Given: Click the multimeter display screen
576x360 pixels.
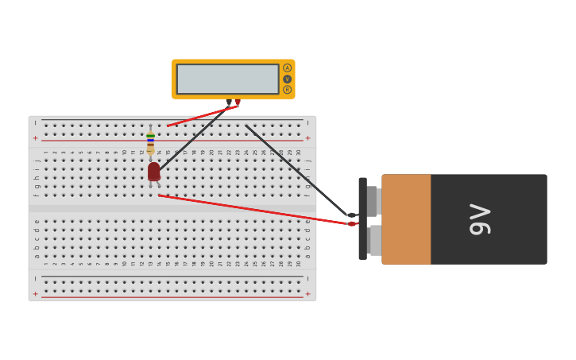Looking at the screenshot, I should pyautogui.click(x=227, y=79).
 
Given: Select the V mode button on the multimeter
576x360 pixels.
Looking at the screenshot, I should pyautogui.click(x=287, y=79).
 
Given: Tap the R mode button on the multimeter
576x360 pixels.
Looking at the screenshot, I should pyautogui.click(x=287, y=90).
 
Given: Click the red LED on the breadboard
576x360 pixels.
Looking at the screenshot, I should pyautogui.click(x=153, y=171).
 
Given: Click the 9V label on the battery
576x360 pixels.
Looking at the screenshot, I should pyautogui.click(x=481, y=219).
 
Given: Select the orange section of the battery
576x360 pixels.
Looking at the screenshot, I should pyautogui.click(x=406, y=219).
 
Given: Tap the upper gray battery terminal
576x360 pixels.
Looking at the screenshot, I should pyautogui.click(x=373, y=201).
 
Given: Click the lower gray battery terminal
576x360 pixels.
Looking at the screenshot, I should pyautogui.click(x=374, y=240).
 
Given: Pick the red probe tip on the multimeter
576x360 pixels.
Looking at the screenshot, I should pyautogui.click(x=237, y=102).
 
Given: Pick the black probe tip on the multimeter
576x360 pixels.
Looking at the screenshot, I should pyautogui.click(x=229, y=103).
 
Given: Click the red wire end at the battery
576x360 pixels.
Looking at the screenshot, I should pyautogui.click(x=352, y=224).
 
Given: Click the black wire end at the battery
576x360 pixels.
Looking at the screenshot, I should pyautogui.click(x=351, y=215).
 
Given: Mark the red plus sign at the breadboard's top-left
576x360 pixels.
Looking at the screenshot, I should pyautogui.click(x=35, y=138).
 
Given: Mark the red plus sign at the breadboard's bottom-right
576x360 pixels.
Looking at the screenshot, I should pyautogui.click(x=308, y=293).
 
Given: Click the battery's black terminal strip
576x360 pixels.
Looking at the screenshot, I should pyautogui.click(x=362, y=219).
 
